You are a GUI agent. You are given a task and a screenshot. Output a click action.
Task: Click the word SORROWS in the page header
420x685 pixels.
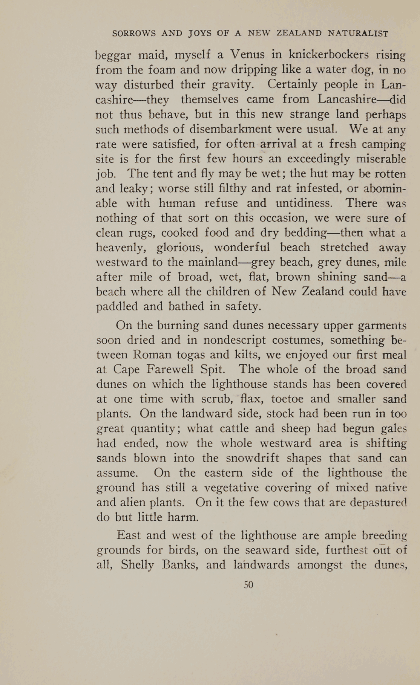pyautogui.click(x=134, y=34)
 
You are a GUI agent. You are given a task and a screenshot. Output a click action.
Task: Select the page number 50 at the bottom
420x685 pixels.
pyautogui.click(x=248, y=584)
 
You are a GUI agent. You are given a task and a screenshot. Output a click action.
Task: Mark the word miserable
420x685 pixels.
pyautogui.click(x=382, y=159)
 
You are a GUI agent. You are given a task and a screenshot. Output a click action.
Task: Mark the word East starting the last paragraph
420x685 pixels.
pyautogui.click(x=129, y=535)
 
